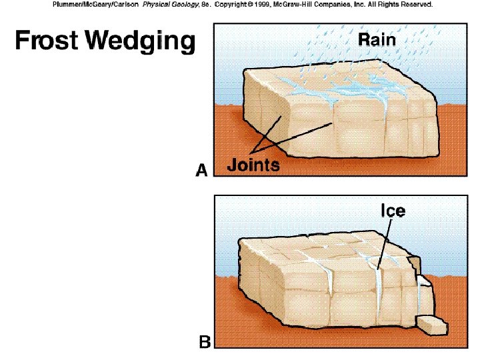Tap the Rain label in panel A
click(x=377, y=39)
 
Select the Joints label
click(x=253, y=165)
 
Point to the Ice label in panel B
click(x=392, y=211)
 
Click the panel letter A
click(x=202, y=171)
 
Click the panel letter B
click(x=205, y=343)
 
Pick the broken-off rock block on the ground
click(x=432, y=325)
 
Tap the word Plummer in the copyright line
click(x=67, y=4)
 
